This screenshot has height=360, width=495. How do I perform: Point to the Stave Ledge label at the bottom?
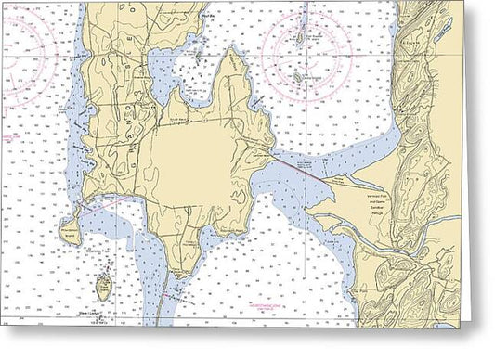pyautogui.click(x=101, y=313)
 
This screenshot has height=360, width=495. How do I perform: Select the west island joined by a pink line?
pyautogui.click(x=67, y=228)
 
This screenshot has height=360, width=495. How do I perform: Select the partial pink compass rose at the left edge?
pyautogui.click(x=19, y=70)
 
